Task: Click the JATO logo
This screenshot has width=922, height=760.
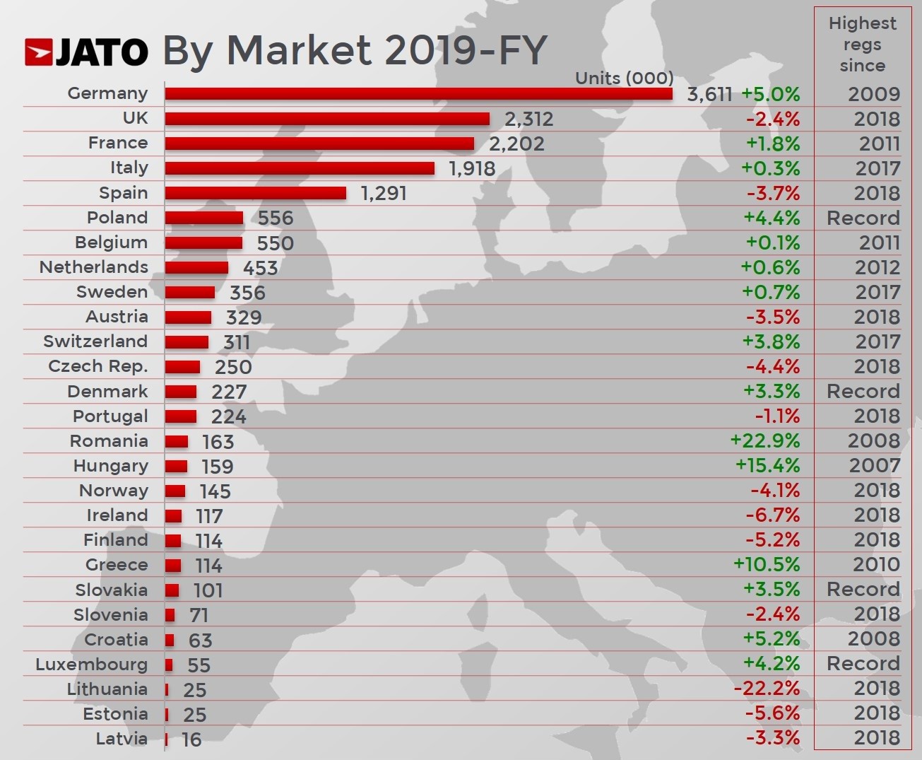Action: [x=86, y=52]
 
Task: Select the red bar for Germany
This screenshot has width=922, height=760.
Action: [x=418, y=93]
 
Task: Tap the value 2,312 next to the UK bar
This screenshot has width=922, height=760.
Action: [x=528, y=119]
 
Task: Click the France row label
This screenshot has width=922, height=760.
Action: [x=118, y=143]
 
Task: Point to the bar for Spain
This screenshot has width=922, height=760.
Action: [x=255, y=193]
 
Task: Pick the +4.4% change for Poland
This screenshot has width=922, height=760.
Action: [x=772, y=218]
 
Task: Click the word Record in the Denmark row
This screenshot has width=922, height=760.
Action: [x=863, y=391]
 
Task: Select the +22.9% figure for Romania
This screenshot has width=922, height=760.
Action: [x=765, y=440]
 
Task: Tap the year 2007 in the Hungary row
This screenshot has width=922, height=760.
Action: [x=874, y=465]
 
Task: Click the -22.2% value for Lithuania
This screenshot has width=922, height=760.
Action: [x=767, y=688]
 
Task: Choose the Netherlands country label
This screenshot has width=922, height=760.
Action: [x=94, y=267]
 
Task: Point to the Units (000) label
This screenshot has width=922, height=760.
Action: [x=624, y=78]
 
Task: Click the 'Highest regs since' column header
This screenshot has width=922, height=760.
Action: [x=862, y=45]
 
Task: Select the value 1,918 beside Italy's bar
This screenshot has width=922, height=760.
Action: [x=472, y=168]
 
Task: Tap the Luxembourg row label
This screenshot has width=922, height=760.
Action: [x=92, y=664]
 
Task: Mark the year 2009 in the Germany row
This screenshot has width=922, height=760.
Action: [x=874, y=94]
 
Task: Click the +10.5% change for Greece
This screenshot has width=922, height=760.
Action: [x=767, y=564]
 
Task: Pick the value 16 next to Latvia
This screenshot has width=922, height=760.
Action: [x=191, y=739]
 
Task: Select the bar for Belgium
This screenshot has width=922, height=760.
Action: [x=203, y=242]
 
